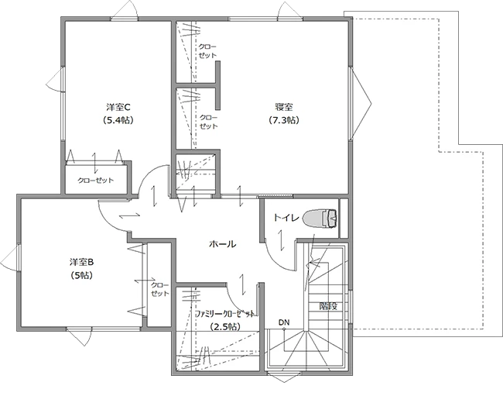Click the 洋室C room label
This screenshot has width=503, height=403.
(x=118, y=107)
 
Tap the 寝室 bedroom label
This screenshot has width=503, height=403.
(x=284, y=107)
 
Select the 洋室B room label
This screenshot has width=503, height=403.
(x=82, y=262)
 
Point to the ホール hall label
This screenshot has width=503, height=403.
(x=222, y=244)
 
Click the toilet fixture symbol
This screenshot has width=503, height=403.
(x=320, y=219)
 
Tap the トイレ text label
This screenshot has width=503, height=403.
(x=286, y=218)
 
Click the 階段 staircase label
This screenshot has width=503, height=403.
(x=328, y=306)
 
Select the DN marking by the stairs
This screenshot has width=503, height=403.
(x=284, y=322)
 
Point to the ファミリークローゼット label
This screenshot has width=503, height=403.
(x=225, y=314)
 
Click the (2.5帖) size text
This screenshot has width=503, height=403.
(x=225, y=327)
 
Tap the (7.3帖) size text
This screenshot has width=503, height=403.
(x=284, y=120)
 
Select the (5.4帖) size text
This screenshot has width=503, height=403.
(x=118, y=120)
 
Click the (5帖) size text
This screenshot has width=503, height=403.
(x=82, y=275)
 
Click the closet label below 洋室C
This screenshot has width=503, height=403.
(x=96, y=181)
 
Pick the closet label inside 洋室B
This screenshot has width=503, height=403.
(x=160, y=289)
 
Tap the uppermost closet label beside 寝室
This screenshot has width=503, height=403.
(x=207, y=51)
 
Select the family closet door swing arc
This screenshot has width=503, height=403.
(x=239, y=300)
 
